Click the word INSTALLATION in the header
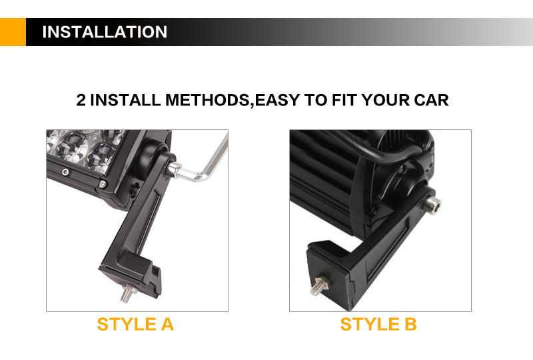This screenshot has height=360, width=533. (x=105, y=32)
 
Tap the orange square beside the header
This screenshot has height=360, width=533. (x=13, y=32)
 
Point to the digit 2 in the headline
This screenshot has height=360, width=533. (x=81, y=100)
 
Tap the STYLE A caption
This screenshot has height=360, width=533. (x=136, y=324)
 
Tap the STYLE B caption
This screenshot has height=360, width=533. (x=378, y=324)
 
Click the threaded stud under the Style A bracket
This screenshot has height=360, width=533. (x=129, y=293)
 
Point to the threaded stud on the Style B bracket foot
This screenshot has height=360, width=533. (x=318, y=286)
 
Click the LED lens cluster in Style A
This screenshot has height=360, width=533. (x=85, y=149)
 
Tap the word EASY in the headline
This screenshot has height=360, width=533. (x=277, y=100)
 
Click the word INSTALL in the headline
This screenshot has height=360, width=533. (x=125, y=100)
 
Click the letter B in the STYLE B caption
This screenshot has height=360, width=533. (x=410, y=324)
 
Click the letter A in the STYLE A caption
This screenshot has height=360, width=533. (x=167, y=324)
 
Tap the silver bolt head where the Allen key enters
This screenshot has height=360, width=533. (x=174, y=169)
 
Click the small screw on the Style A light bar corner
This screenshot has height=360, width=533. (x=103, y=185)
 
